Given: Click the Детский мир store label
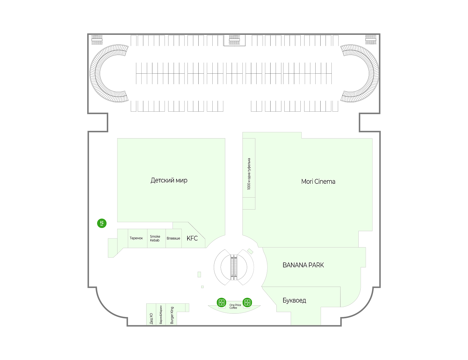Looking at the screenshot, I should click(169, 180).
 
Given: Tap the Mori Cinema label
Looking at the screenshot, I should click(318, 181).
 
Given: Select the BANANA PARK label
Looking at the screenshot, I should click(303, 265).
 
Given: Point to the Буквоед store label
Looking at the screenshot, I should click(294, 300).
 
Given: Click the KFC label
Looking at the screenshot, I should click(192, 238).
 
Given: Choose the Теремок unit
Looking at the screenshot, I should click(136, 238).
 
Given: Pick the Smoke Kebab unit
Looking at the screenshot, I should click(155, 238).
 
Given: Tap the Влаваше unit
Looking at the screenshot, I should click(173, 238).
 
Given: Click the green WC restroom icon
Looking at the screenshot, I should click(102, 224).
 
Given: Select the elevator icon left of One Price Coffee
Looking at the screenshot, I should click(221, 302).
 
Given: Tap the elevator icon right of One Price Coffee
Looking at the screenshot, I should click(247, 302).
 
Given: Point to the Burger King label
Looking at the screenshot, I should click(172, 315).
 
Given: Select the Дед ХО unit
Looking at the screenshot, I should click(151, 318).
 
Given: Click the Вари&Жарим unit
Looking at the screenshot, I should click(161, 315).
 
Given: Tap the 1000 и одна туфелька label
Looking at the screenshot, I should click(249, 174).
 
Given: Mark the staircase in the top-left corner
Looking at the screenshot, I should click(97, 40).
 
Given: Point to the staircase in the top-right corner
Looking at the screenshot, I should click(371, 40).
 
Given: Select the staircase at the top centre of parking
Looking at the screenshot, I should click(234, 40).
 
